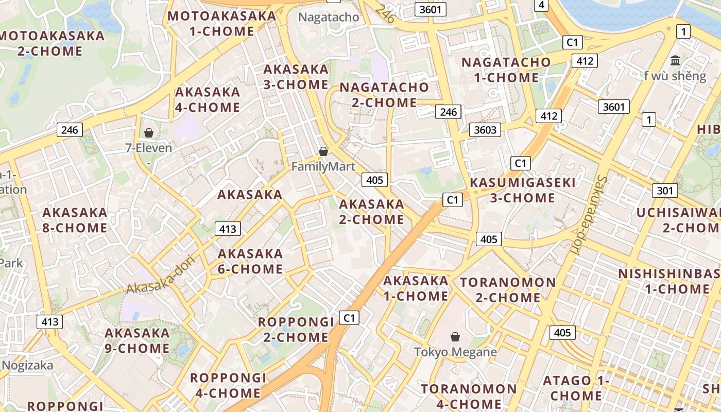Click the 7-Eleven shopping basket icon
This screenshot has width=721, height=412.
(x=149, y=133)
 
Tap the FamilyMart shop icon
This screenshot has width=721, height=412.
(x=323, y=151)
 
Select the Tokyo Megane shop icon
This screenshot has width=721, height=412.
(x=455, y=337)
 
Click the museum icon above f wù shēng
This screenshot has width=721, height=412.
(x=675, y=60)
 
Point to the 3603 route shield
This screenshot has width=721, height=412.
(x=485, y=130)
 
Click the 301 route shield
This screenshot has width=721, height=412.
(x=665, y=191)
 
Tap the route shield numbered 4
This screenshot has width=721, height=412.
(x=541, y=5)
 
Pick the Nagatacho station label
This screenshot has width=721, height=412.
(x=329, y=17)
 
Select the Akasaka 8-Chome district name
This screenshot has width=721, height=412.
(x=75, y=220)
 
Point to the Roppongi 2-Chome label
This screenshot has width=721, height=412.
(x=296, y=330)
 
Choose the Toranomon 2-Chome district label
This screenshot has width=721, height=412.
(x=508, y=290)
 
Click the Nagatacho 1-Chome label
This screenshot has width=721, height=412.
(x=506, y=70)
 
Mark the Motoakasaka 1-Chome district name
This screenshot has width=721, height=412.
(x=221, y=24)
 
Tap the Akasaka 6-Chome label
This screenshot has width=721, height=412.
(x=250, y=261)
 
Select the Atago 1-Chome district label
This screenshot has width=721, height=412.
(x=576, y=388)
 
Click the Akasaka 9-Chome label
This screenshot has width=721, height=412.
(x=137, y=340)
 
